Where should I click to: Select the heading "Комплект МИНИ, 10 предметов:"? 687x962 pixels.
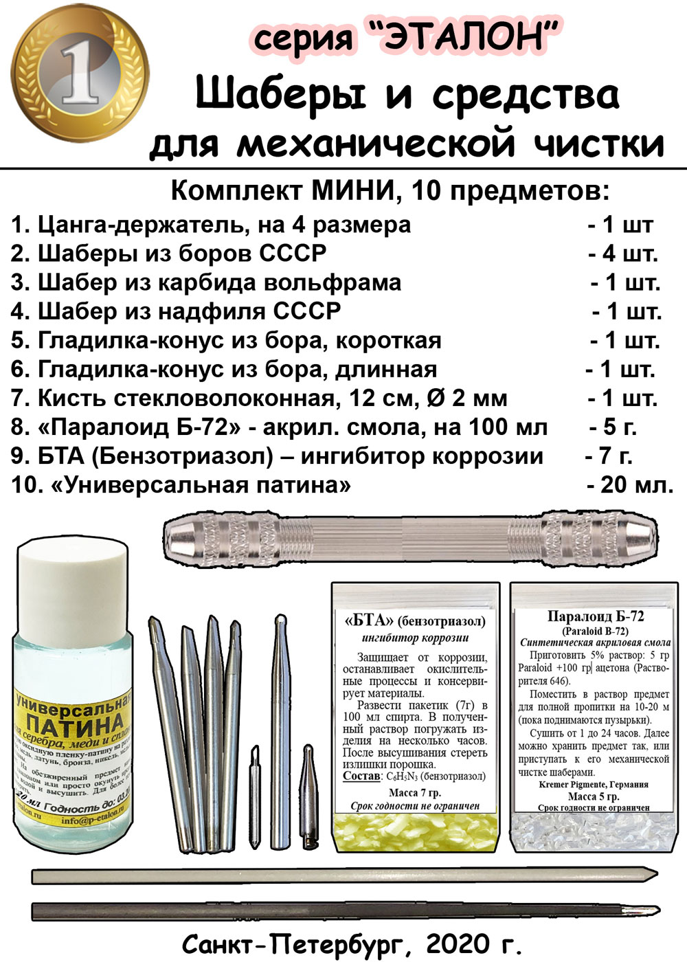click(390, 190)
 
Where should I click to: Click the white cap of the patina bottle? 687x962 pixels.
click(71, 563)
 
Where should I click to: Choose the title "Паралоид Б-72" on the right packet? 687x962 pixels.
click(596, 616)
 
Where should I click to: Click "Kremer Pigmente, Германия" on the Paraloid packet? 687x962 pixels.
click(593, 784)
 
